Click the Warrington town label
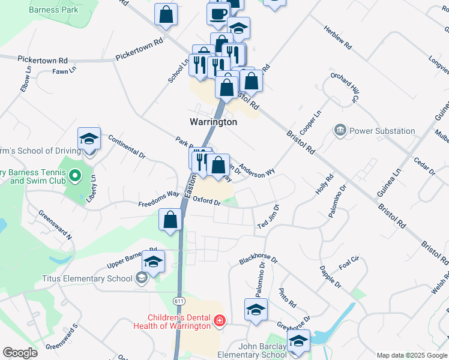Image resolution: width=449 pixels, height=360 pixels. tap(213, 122)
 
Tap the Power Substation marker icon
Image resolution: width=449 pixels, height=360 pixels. tap(340, 130)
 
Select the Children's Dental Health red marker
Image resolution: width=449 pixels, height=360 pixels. tap(219, 321)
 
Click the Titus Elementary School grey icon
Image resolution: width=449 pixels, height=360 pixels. tap(141, 278)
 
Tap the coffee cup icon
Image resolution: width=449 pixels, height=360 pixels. tap(219, 13)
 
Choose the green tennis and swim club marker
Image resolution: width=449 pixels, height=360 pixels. tap(74, 176)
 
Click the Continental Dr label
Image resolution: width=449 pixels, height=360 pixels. tap(127, 146)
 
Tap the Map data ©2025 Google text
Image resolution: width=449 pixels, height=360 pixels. tap(411, 355)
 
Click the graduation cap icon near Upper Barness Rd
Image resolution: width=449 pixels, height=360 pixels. tap(154, 262)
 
